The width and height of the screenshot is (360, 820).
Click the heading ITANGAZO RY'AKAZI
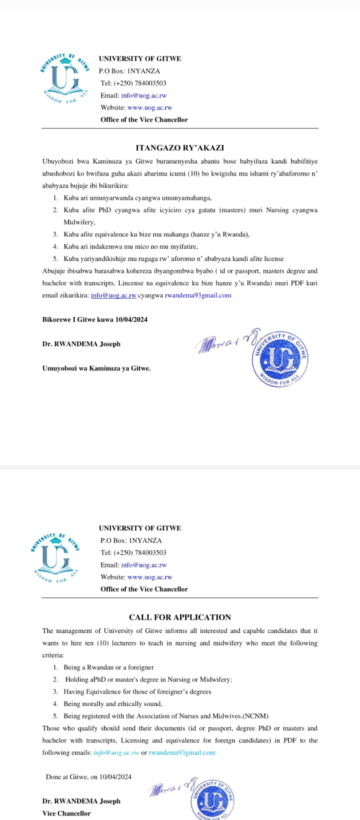click(180, 148)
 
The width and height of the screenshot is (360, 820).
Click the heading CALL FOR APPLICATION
click(180, 617)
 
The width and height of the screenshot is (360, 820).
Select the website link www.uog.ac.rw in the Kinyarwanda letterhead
click(149, 107)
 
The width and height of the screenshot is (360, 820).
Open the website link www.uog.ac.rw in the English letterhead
click(149, 577)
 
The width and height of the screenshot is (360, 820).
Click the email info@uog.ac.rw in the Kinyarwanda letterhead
click(143, 95)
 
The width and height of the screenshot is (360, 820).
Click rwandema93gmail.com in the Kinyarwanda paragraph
click(198, 295)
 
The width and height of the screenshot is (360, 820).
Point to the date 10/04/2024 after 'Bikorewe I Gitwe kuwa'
click(131, 319)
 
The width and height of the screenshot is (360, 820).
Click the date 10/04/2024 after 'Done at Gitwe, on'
click(115, 776)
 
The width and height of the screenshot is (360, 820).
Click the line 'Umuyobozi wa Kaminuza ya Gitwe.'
click(96, 368)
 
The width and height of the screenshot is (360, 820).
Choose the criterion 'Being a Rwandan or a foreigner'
click(108, 667)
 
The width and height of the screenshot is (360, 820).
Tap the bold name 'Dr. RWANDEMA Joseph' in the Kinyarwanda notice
click(81, 344)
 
